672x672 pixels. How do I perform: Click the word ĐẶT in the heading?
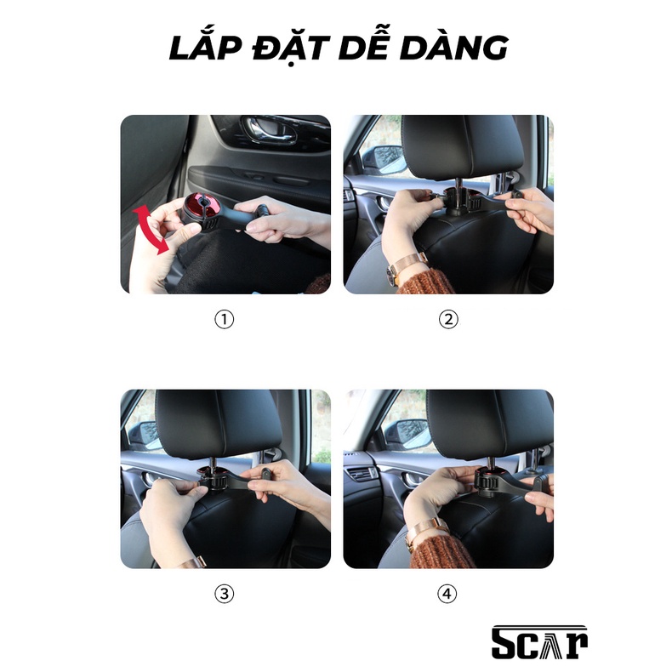292,48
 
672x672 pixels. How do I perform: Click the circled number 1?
225,320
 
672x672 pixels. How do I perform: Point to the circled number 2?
448,320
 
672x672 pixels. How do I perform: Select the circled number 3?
225,594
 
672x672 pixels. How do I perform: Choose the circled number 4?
447,594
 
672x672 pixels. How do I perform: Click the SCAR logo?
539,641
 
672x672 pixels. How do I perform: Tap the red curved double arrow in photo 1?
150,229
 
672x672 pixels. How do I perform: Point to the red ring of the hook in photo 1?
202,206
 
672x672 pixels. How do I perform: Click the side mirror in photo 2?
383,159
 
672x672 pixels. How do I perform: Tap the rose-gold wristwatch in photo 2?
407,267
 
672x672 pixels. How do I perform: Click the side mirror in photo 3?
145,436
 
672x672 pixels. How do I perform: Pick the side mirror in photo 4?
407,434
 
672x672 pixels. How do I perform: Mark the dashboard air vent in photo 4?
361,475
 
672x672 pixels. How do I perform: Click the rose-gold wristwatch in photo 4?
425,532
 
